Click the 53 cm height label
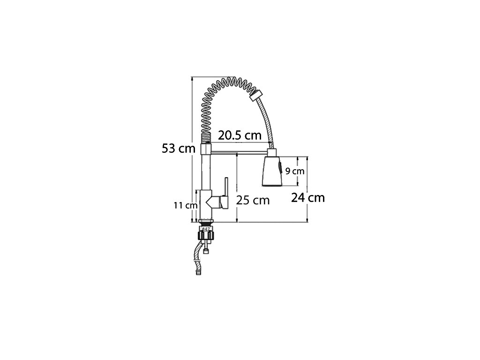pyautogui.click(x=179, y=149)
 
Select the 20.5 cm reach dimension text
pyautogui.click(x=240, y=135)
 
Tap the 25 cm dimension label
pyautogui.click(x=253, y=200)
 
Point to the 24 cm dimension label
pyautogui.click(x=307, y=198)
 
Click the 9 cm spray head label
pyautogui.click(x=295, y=171)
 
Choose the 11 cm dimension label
pyautogui.click(x=186, y=205)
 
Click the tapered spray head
pyautogui.click(x=271, y=171)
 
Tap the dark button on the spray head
pyautogui.click(x=280, y=168)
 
